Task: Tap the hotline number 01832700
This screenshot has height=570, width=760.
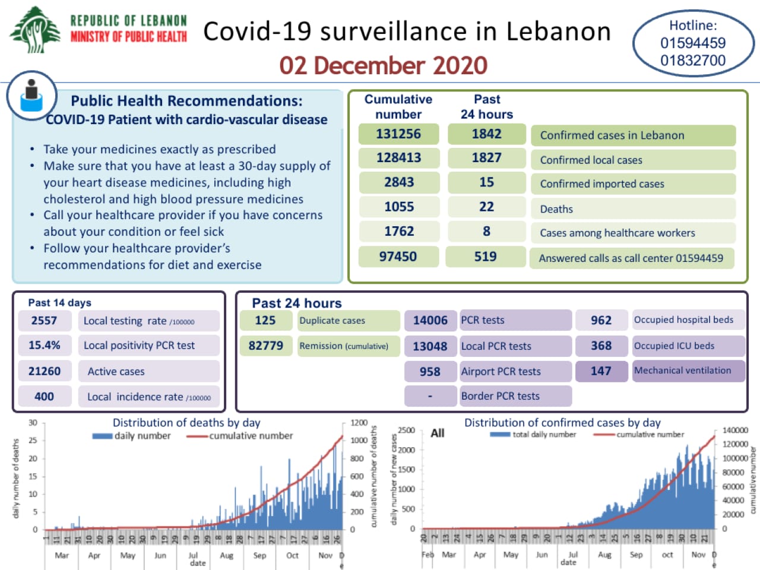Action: pyautogui.click(x=693, y=61)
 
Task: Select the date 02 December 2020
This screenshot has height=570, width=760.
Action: pyautogui.click(x=384, y=65)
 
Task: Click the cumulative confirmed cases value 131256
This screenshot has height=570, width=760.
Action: pyautogui.click(x=398, y=134)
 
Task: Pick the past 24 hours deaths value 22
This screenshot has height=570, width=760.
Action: pyautogui.click(x=486, y=207)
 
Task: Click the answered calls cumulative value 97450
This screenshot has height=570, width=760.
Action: pyautogui.click(x=398, y=256)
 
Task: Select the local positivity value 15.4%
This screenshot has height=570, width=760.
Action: pyautogui.click(x=45, y=346)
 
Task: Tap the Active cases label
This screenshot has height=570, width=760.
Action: pyautogui.click(x=116, y=372)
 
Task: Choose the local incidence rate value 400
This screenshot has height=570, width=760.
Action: pyautogui.click(x=44, y=397)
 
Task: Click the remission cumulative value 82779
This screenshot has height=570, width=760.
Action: pyautogui.click(x=265, y=346)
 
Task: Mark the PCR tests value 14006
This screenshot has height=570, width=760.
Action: pyautogui.click(x=430, y=321)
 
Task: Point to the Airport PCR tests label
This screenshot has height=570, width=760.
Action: pyautogui.click(x=501, y=372)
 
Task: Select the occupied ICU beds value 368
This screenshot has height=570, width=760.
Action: pyautogui.click(x=601, y=346)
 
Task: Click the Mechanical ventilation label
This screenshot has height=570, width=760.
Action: pyautogui.click(x=682, y=370)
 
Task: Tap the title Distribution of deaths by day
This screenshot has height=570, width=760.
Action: pyautogui.click(x=186, y=423)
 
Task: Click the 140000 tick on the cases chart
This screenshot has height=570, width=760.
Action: pyautogui.click(x=735, y=430)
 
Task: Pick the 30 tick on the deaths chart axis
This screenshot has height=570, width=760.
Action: pyautogui.click(x=33, y=423)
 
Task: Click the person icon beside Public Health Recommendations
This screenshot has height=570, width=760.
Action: pyautogui.click(x=31, y=96)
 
